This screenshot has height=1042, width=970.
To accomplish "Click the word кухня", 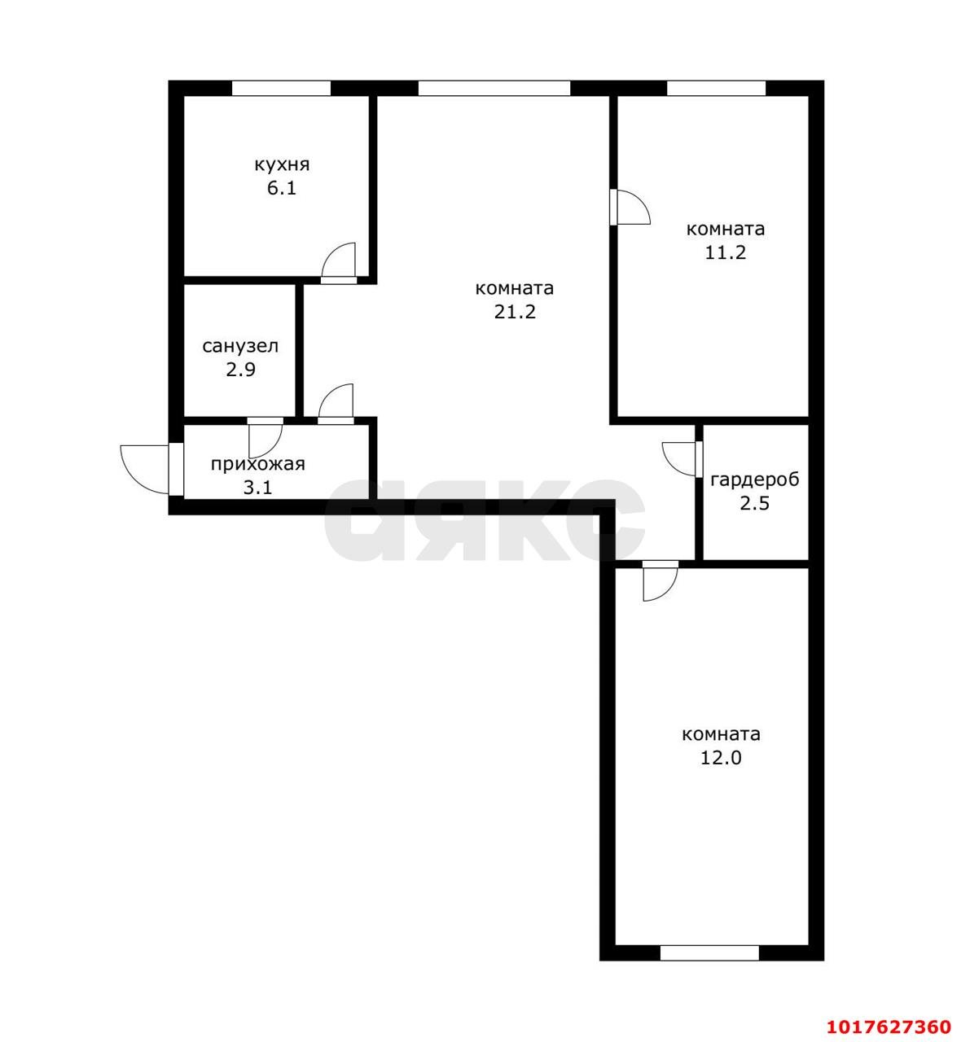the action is coord(282,165).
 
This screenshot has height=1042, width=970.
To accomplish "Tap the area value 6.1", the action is coord(282,188).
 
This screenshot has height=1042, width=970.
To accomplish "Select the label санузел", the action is coord(240,346).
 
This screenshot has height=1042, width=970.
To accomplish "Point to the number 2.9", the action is coord(240,370).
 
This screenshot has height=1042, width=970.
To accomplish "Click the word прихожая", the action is coord(258,465).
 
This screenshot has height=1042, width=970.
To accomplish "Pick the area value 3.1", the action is coord(258,488).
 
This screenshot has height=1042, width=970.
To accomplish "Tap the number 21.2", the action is coord(515,312).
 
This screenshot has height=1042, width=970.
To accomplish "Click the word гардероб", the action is coord(755,480).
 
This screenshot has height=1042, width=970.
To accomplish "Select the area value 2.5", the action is coord(755,504).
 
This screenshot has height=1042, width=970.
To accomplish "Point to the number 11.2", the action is coord(726,253).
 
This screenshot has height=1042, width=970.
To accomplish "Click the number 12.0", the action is coord(721,758).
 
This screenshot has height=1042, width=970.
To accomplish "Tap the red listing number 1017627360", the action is coord(889,1027).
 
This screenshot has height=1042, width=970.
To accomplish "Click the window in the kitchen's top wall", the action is coord(282,88).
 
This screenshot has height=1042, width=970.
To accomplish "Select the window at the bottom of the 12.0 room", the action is coord(709,952).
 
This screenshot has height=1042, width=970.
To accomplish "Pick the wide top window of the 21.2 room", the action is coord(494,88).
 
